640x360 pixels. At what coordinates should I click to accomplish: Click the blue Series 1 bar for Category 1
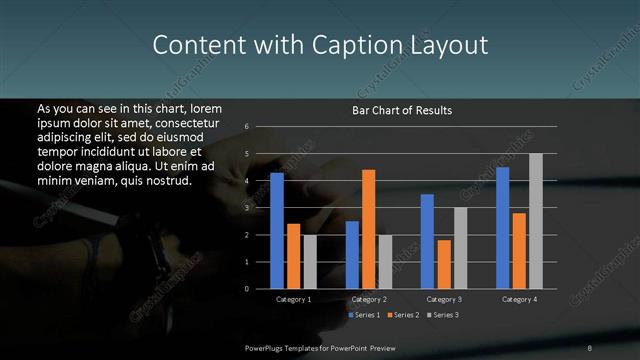(x=277, y=231)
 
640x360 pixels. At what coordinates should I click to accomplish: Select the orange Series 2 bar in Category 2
(x=368, y=229)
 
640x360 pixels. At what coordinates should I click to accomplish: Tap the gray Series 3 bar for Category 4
(x=535, y=221)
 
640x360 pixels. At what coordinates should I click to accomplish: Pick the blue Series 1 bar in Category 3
(x=427, y=241)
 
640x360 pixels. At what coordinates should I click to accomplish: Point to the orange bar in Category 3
(x=443, y=264)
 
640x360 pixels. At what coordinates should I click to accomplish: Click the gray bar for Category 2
(x=385, y=261)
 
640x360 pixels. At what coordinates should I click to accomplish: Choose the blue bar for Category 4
(x=502, y=228)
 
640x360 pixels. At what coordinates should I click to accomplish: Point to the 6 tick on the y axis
(x=247, y=127)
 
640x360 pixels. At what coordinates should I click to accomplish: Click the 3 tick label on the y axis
(x=247, y=208)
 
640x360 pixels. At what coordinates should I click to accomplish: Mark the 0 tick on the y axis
(x=247, y=289)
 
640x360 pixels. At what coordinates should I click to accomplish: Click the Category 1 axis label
(x=293, y=299)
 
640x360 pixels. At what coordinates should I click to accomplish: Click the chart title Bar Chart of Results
(x=402, y=110)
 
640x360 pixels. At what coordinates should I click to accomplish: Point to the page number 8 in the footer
(x=590, y=346)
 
